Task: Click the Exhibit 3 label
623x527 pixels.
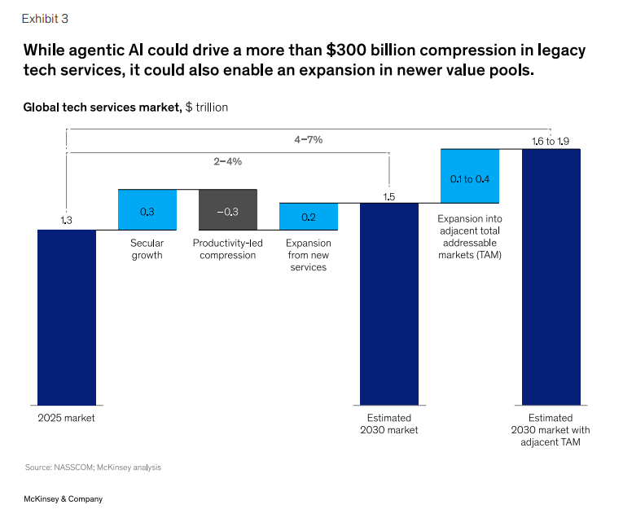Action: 45,18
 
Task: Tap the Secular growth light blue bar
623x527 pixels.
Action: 147,210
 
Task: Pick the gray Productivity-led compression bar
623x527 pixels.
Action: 228,210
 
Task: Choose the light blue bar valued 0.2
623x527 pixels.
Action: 309,217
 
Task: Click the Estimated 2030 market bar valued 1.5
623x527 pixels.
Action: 389,303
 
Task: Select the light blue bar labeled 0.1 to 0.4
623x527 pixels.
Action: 470,176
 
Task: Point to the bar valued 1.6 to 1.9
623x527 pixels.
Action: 551,277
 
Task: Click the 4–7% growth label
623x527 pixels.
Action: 309,140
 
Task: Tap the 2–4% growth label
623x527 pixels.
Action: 228,161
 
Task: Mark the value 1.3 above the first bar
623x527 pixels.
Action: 67,220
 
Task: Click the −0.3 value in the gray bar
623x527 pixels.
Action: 228,212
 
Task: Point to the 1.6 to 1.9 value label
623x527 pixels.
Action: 551,141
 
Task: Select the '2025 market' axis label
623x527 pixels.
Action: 67,418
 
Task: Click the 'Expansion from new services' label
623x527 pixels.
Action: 309,255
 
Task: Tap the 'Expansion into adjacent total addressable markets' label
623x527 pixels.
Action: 469,237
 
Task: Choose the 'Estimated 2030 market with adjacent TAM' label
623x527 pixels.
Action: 551,430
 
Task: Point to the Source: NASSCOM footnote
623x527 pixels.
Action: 93,468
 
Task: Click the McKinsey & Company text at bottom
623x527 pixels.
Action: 63,498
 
